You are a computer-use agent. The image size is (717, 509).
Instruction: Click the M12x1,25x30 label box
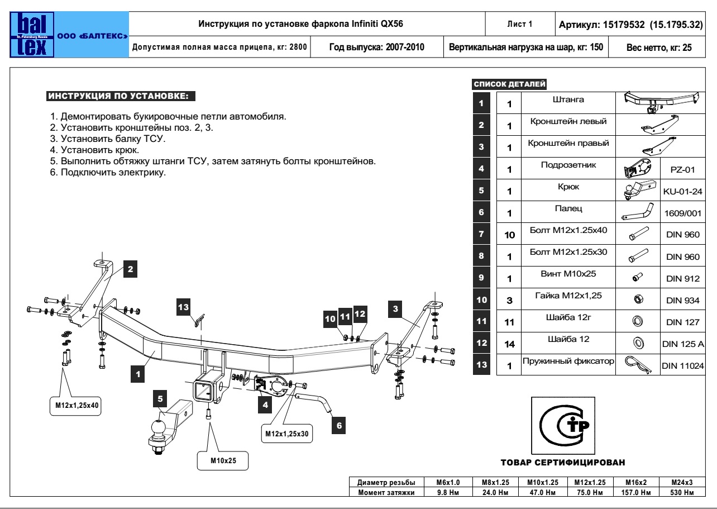click(x=287, y=433)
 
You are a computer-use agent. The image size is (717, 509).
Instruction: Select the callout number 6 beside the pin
click(x=338, y=426)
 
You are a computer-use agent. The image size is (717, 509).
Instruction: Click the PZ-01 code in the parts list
click(x=682, y=169)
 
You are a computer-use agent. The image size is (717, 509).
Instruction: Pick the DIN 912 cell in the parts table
click(x=682, y=278)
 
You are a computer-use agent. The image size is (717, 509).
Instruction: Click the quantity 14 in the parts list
click(x=509, y=344)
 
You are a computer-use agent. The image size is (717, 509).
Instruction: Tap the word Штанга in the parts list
click(x=567, y=100)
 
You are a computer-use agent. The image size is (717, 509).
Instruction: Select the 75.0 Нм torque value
click(x=590, y=492)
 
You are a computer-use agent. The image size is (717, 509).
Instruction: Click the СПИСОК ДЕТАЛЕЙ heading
click(x=510, y=84)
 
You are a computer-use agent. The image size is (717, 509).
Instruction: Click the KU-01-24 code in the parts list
click(x=682, y=192)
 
